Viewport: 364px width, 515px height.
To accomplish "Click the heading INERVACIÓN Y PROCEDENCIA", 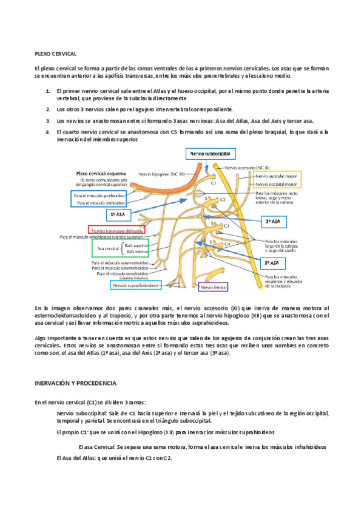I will (79, 384).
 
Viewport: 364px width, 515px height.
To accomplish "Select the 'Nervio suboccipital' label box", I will (210, 155).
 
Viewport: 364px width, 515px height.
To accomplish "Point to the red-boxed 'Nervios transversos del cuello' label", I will (117, 231).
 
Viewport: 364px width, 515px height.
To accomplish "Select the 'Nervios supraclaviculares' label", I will (135, 284).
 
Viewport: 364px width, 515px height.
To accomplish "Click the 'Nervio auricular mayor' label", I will (277, 176).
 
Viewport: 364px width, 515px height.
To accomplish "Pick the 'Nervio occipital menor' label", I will (277, 183).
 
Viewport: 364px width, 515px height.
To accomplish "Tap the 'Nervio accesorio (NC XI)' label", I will (248, 166).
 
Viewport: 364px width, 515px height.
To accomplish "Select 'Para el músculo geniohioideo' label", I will (99, 196).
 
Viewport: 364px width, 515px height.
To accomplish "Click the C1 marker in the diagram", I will (213, 182).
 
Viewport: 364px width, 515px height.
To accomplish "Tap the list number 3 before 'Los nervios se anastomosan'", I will (48, 121).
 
